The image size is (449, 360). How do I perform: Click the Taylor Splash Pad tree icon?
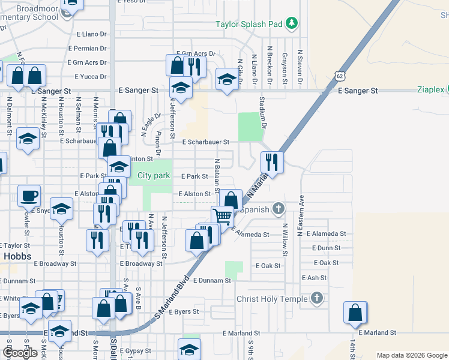(292, 23)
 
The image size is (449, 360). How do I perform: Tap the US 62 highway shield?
(340, 76)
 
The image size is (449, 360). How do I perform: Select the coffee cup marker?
(29, 195)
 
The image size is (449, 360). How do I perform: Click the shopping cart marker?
(223, 216)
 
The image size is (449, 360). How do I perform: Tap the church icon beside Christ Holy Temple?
(317, 298)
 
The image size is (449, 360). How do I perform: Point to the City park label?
(154, 176)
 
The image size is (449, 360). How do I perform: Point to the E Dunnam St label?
(212, 280)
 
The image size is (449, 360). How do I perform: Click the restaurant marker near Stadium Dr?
(272, 161)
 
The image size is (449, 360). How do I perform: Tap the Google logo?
(20, 353)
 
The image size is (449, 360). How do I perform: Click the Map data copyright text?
(411, 355)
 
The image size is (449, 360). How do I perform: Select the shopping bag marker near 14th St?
(355, 312)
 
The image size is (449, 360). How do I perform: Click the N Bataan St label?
(216, 173)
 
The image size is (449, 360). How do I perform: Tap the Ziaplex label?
(431, 90)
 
